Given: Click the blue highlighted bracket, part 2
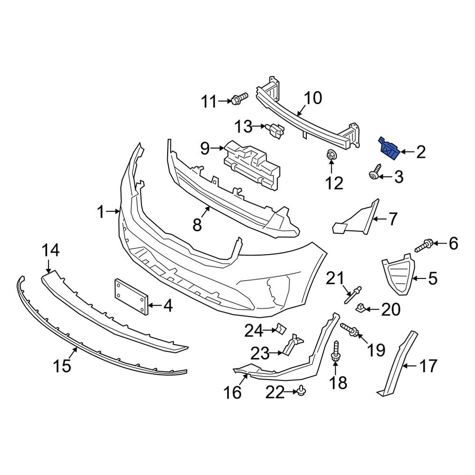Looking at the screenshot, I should point(388,149).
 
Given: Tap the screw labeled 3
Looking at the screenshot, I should point(376,172).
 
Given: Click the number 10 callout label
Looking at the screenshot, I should point(312,99).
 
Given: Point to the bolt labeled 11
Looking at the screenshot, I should point(240,99).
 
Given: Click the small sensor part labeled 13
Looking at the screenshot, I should point(275,129).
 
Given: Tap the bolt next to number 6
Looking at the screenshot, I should point(424,246).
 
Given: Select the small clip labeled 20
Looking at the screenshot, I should point(361,309).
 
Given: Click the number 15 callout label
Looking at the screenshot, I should point(62,366).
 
